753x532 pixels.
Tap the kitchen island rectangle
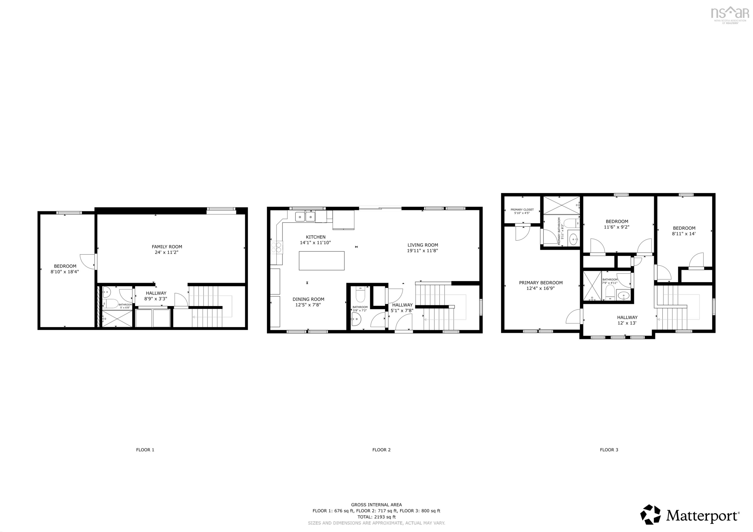(321, 261)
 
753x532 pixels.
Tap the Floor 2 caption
(381, 450)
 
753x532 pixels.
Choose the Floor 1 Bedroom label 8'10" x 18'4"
(65, 269)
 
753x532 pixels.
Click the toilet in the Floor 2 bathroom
(360, 295)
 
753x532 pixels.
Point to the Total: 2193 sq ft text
(376, 517)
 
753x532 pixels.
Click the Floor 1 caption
(145, 450)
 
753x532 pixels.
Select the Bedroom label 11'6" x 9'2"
(616, 224)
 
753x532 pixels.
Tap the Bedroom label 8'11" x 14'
(684, 231)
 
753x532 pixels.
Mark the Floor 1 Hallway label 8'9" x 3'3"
(156, 296)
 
